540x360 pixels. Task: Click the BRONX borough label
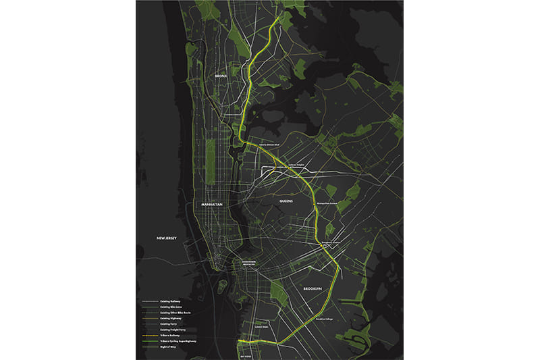pos(221,76)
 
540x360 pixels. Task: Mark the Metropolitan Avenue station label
pos(328,202)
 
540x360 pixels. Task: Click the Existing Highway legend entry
pos(171,318)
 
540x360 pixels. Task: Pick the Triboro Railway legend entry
pos(170,335)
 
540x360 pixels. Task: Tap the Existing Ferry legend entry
pos(169,324)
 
